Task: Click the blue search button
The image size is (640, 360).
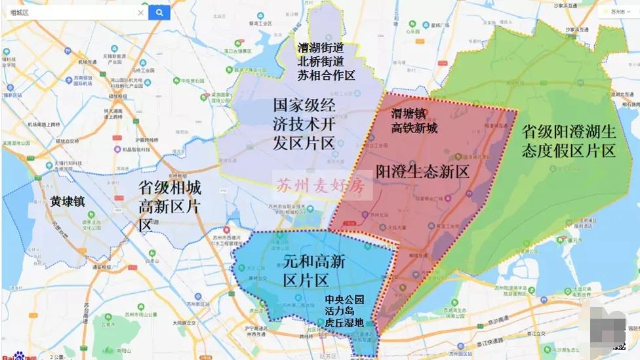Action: (x=159, y=12)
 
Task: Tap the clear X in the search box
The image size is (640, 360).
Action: (x=140, y=12)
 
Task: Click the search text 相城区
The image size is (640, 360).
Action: (x=20, y=12)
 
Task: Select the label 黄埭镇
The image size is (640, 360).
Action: (x=68, y=201)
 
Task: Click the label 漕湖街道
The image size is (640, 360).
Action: (x=321, y=48)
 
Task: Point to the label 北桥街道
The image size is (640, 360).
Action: (x=321, y=62)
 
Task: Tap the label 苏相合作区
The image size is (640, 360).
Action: (x=326, y=75)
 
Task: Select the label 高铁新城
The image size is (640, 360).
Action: (x=414, y=128)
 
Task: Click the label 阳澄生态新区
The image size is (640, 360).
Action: (x=423, y=172)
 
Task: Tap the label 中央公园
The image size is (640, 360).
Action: (x=344, y=300)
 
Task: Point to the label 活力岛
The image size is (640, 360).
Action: (x=339, y=311)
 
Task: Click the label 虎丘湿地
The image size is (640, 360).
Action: (x=344, y=323)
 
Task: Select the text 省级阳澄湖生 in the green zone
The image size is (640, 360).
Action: (x=569, y=131)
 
